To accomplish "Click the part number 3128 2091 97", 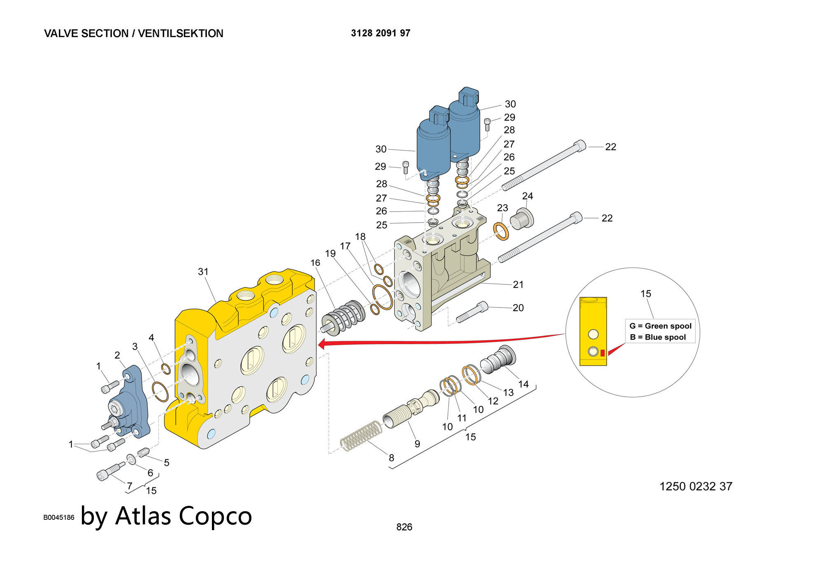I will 380,33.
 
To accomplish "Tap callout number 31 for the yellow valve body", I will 203,272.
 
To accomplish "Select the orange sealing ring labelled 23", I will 501,231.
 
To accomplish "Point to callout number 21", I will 518,284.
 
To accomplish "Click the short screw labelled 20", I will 472,312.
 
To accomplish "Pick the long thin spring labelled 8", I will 361,436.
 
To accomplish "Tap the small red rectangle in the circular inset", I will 602,353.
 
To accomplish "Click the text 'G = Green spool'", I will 660,326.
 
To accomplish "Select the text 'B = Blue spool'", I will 658,337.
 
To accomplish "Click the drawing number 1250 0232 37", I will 695,487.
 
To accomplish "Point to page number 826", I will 404,527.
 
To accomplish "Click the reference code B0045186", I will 59,517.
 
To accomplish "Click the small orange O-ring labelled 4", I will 166,369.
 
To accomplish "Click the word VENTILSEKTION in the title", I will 180,33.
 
